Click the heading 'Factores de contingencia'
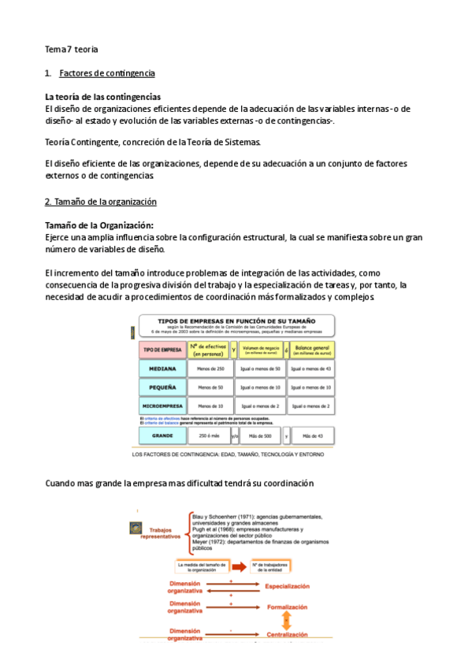pos(106,73)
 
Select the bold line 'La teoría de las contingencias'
pos(103,96)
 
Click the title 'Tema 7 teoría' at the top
pos(71,49)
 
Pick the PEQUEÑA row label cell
pos(162,387)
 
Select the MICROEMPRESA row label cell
pos(162,406)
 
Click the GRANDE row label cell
pos(162,435)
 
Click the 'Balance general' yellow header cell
pos(311,349)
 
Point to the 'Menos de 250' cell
pos(210,368)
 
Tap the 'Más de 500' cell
pos(260,435)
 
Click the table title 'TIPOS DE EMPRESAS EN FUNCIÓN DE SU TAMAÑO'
pos(236,321)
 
